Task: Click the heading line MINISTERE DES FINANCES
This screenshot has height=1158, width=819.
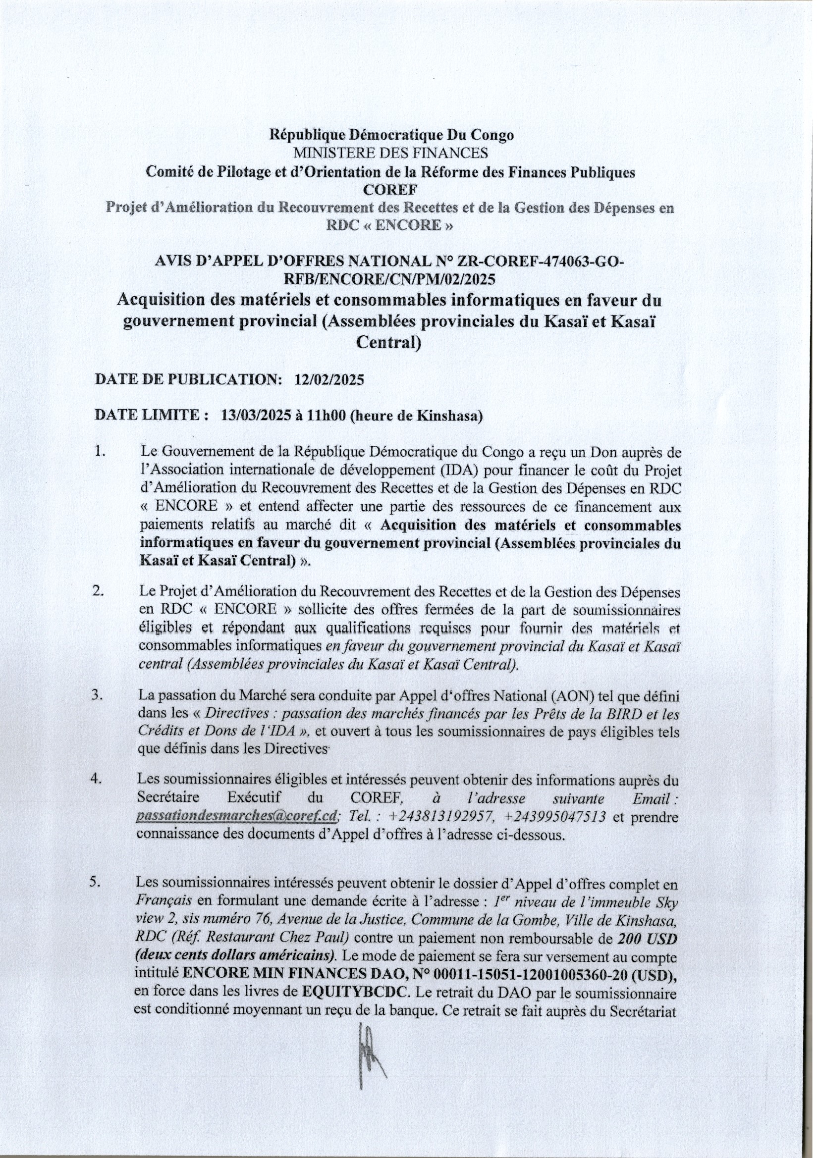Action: coord(391,153)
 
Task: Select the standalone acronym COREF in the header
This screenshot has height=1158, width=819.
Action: coord(390,190)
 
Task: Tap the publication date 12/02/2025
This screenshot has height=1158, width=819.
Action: coord(328,380)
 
